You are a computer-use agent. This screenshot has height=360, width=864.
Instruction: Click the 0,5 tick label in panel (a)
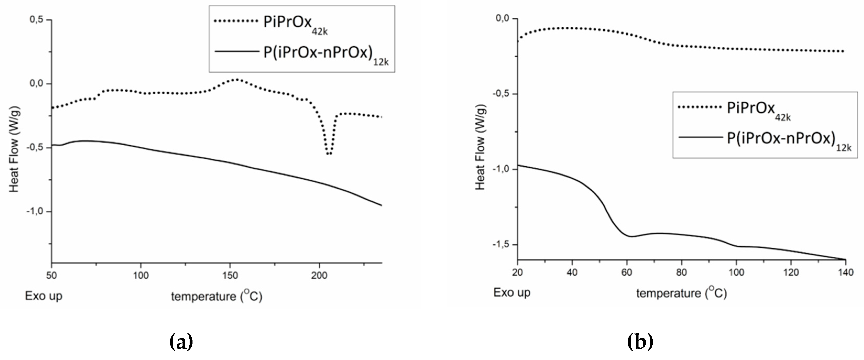pyautogui.click(x=37, y=19)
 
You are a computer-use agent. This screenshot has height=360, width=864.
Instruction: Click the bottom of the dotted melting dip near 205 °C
pyautogui.click(x=329, y=154)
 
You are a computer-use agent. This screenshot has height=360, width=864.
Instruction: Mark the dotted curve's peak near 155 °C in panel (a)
pyautogui.click(x=237, y=79)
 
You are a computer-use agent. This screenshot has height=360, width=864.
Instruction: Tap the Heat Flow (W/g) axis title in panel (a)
pyautogui.click(x=14, y=149)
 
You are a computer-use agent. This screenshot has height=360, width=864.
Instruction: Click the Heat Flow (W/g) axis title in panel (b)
pyautogui.click(x=480, y=147)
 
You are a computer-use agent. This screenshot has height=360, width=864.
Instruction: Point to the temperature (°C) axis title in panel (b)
pyautogui.click(x=681, y=293)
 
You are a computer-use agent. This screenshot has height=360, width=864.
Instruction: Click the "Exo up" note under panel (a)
pyautogui.click(x=43, y=296)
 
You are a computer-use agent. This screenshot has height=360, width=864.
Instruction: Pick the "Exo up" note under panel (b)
pyautogui.click(x=512, y=293)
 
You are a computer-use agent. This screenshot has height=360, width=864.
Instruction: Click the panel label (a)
pyautogui.click(x=181, y=342)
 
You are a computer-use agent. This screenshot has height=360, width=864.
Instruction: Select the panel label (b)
pyautogui.click(x=640, y=342)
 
